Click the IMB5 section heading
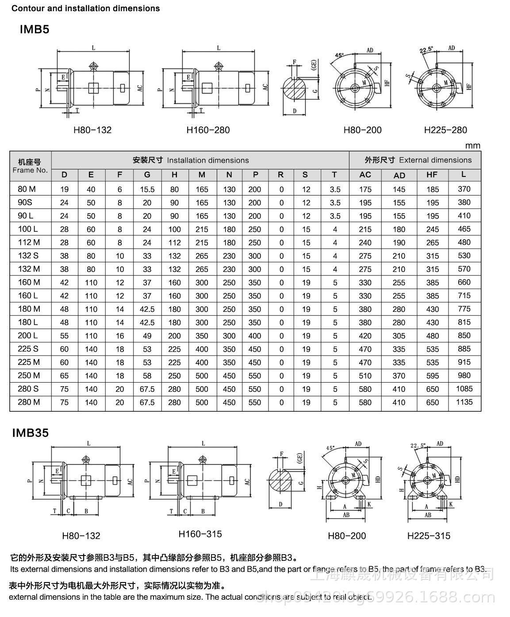(x=35, y=30)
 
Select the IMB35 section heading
(x=30, y=433)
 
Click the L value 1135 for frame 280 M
(x=464, y=402)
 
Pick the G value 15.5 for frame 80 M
(x=147, y=189)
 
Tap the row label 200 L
(x=28, y=335)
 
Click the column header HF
(x=432, y=175)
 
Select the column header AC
(x=365, y=175)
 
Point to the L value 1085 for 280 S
(x=464, y=389)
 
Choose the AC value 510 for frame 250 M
(x=365, y=376)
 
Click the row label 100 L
(x=28, y=229)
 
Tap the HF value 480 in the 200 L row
(x=432, y=336)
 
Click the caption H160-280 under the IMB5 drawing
(x=208, y=130)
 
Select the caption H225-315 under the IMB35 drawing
(x=429, y=536)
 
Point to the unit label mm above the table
(x=472, y=146)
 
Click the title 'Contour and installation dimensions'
(x=85, y=8)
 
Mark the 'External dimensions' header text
(x=435, y=160)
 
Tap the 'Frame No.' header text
(x=30, y=170)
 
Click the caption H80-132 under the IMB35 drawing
(x=81, y=536)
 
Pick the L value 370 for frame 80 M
(x=464, y=189)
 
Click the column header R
(x=280, y=175)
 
